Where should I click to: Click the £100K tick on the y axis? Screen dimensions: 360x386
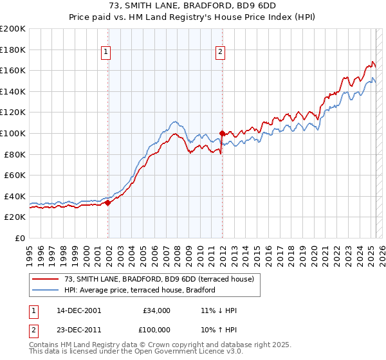(13, 133)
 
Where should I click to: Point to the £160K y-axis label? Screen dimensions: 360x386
(13, 70)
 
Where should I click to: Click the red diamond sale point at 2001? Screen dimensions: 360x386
(108, 203)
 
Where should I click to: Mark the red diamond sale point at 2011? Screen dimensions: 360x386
(222, 133)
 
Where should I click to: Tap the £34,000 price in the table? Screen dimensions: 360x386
(156, 310)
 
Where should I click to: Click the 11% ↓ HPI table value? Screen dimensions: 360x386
(219, 310)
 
